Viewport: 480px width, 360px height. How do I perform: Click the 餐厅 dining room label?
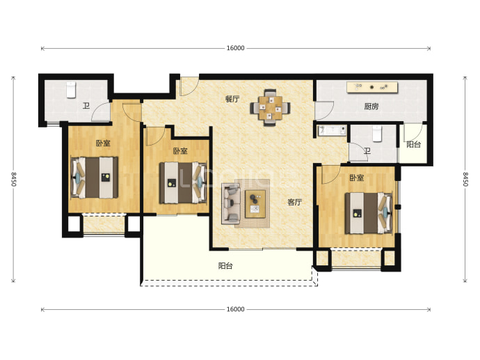click(232, 99)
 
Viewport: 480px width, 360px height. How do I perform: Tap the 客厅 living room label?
click(295, 202)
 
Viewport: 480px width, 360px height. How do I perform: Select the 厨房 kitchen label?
click(371, 107)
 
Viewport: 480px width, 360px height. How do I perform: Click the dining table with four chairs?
click(270, 108)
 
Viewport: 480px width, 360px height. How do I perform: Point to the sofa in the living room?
click(231, 203)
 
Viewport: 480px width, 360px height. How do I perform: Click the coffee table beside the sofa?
click(255, 204)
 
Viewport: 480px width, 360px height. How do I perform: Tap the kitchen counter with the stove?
click(372, 87)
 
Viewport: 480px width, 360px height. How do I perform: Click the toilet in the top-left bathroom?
click(71, 90)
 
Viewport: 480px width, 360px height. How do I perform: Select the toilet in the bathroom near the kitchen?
click(377, 134)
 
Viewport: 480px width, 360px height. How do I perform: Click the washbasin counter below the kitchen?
click(332, 130)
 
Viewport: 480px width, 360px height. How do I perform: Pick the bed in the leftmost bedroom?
click(95, 178)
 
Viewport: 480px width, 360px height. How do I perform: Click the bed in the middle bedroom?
click(183, 183)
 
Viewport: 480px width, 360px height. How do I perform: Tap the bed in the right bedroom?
click(369, 213)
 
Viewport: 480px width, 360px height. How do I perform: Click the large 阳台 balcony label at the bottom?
click(225, 265)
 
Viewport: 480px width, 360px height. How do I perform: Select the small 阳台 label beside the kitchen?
click(414, 144)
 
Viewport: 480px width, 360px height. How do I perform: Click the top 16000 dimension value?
click(235, 48)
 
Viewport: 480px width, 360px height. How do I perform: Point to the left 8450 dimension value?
click(13, 179)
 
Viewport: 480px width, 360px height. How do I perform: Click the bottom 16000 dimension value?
click(235, 309)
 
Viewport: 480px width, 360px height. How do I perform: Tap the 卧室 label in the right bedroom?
click(357, 178)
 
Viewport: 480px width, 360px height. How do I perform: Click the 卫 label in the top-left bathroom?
click(86, 106)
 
